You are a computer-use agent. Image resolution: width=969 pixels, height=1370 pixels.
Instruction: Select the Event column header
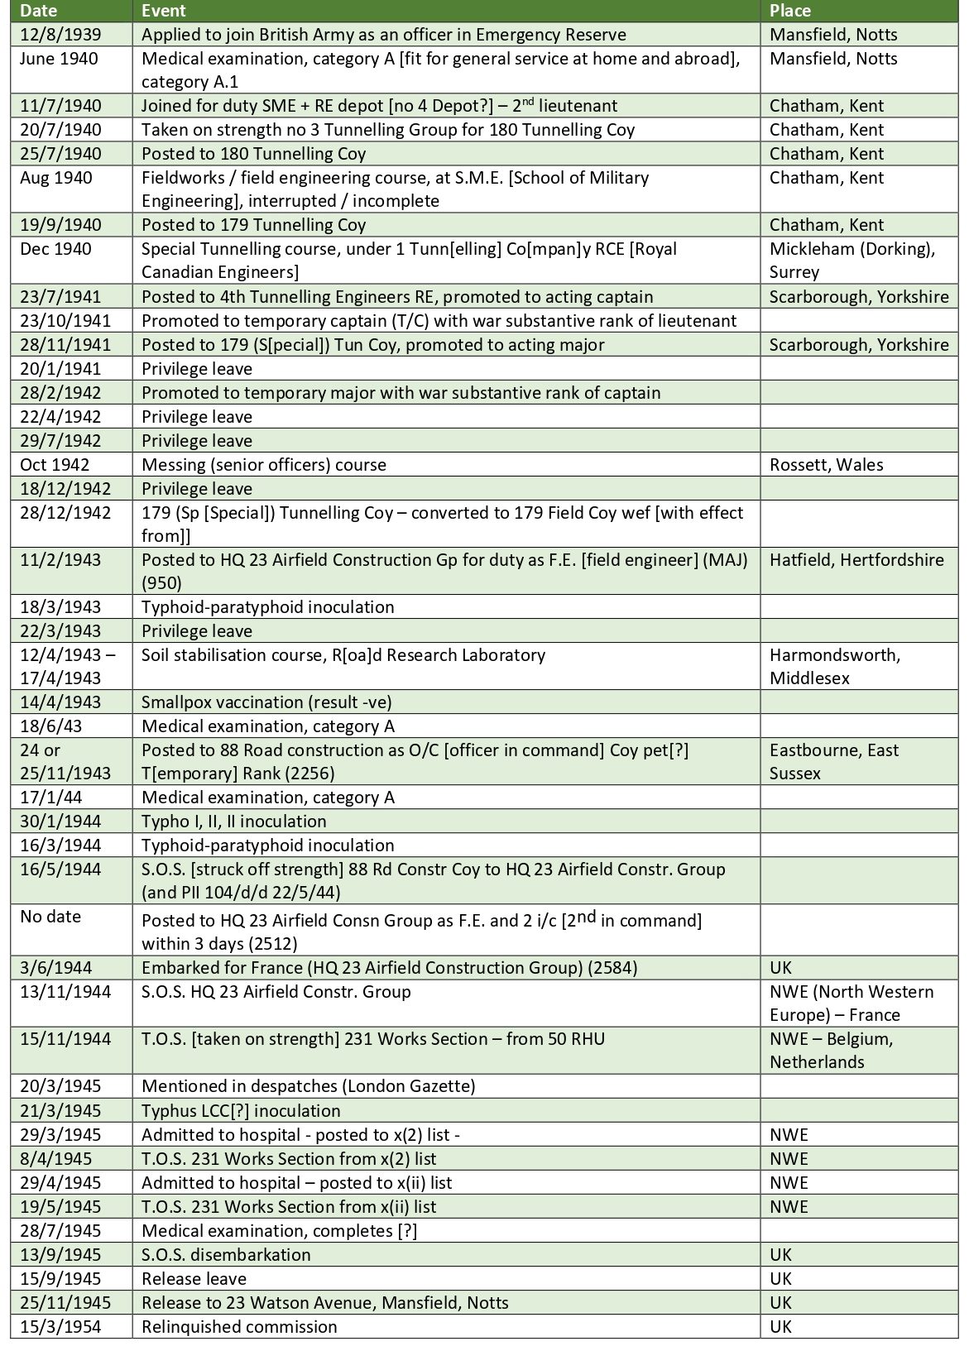[164, 11]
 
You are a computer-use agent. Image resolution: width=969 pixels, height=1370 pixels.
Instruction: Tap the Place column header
[789, 11]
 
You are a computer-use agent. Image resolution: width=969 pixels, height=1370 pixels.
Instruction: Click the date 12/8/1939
[55, 35]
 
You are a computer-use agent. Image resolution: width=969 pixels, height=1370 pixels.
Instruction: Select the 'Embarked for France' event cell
[389, 967]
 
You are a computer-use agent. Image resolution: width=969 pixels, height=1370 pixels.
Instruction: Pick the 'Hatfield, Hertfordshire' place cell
[856, 559]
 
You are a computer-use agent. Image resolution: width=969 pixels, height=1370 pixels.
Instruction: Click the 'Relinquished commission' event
[239, 1326]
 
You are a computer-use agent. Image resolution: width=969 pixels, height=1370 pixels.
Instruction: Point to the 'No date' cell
[50, 917]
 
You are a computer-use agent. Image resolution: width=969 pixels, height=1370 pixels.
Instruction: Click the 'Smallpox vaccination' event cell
[266, 702]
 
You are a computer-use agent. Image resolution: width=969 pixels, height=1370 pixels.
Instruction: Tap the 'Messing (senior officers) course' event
[264, 464]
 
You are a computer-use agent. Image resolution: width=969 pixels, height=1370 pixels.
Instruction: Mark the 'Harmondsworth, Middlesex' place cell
[834, 666]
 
